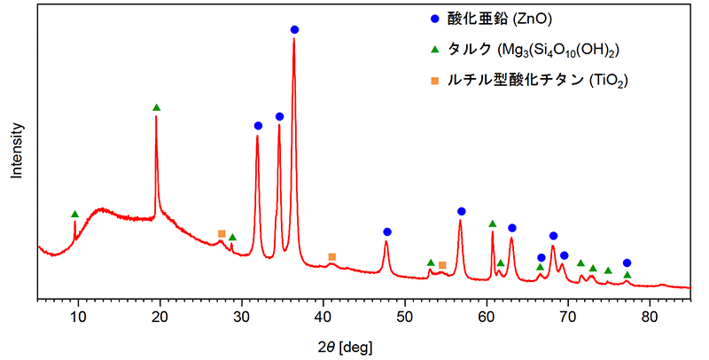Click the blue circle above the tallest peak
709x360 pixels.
click(294, 30)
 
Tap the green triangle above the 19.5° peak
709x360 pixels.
click(157, 107)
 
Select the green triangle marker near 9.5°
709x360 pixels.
click(74, 214)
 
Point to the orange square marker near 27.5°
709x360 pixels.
click(222, 233)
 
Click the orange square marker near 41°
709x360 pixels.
click(332, 257)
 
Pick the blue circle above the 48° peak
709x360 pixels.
click(387, 231)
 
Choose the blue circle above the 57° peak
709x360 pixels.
click(462, 211)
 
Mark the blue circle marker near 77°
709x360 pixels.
click(627, 262)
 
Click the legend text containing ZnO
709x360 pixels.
click(501, 17)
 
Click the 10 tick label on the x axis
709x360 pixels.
click(77, 317)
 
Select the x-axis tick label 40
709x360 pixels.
click(323, 317)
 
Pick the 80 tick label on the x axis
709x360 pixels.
click(650, 317)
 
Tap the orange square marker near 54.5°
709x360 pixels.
click(442, 265)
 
